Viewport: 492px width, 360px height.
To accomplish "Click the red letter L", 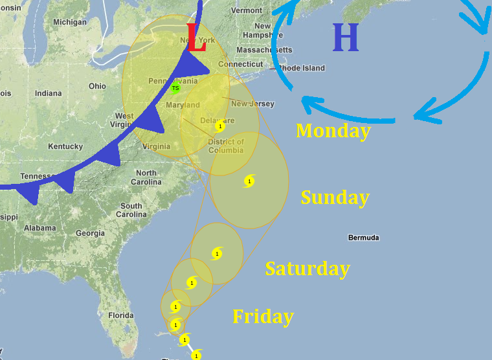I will [x=196, y=38].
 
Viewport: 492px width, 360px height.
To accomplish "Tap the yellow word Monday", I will [x=333, y=130].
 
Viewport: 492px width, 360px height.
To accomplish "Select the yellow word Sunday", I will [x=335, y=197].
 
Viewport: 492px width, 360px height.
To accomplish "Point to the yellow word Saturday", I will [x=307, y=268].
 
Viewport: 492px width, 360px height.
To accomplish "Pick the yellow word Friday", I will [x=263, y=317].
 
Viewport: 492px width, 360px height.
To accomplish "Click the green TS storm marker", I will [x=175, y=88].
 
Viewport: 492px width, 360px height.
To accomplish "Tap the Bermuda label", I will [x=363, y=238].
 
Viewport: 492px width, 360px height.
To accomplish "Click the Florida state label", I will [x=120, y=315].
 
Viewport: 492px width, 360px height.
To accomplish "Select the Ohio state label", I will [x=97, y=86].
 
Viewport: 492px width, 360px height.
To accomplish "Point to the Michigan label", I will [x=69, y=22].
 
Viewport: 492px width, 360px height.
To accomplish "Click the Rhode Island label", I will [x=302, y=68].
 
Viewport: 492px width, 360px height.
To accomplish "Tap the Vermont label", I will [x=247, y=10].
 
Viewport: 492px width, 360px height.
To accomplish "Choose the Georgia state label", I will [x=90, y=233].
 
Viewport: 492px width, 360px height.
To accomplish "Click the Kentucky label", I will [x=65, y=146].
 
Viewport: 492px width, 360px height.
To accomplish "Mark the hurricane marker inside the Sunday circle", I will [x=249, y=181].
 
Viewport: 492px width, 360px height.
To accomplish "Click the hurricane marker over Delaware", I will [x=220, y=126].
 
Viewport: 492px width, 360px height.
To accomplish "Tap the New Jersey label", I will [x=252, y=104].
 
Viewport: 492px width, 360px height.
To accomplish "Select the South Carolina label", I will [x=131, y=210].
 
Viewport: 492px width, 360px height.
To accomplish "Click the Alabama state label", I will [x=39, y=228].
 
